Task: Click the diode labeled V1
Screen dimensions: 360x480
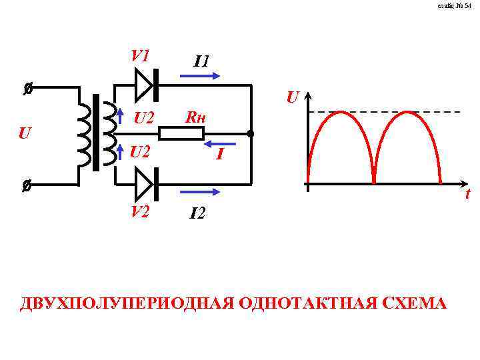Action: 145,85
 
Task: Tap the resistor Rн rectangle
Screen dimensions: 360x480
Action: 181,134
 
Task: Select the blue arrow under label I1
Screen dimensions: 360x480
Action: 199,77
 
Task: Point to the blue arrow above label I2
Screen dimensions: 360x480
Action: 199,192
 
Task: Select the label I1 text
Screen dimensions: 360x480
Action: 202,61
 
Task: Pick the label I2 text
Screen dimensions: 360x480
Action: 198,214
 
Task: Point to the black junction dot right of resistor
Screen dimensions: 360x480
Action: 251,134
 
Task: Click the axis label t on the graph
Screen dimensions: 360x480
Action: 467,194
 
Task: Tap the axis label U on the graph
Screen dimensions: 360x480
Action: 292,97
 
